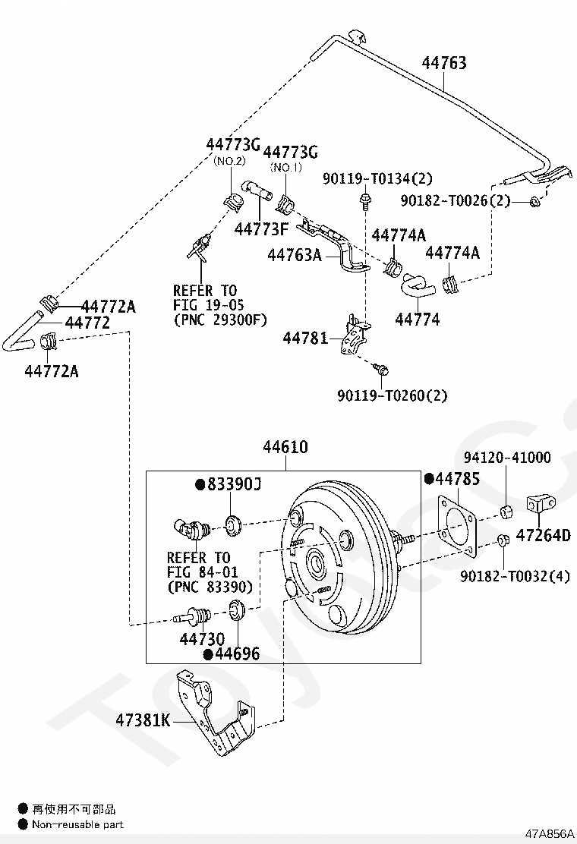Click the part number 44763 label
(444, 63)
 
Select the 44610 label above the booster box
(285, 447)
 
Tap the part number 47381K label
(143, 720)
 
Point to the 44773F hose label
(262, 228)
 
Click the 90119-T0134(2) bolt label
(377, 178)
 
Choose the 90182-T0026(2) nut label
(456, 200)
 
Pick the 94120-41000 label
(507, 457)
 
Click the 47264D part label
(542, 536)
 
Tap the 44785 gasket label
(457, 479)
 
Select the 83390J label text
(233, 483)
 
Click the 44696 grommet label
(236, 653)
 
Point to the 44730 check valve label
(202, 639)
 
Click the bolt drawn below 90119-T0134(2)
(366, 201)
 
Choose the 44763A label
(294, 256)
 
